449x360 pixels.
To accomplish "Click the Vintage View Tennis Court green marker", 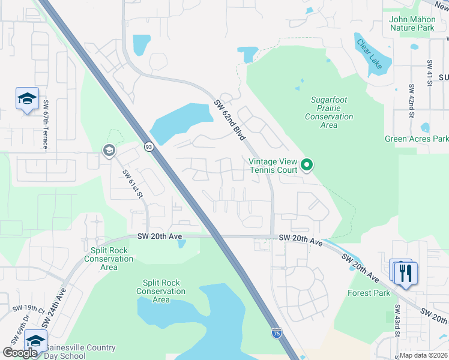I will tap(307, 164).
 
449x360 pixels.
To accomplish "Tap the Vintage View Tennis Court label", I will tap(274, 166).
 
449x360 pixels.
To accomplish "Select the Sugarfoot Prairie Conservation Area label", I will tap(329, 109).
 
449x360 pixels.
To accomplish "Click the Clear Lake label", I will tap(369, 54).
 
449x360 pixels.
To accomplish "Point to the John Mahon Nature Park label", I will tap(412, 23).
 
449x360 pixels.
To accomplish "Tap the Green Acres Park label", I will tap(417, 139).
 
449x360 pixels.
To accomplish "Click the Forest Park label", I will tap(369, 293).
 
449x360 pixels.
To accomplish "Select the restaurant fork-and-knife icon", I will tap(406, 273).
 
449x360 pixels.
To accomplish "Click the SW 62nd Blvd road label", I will tap(230, 121).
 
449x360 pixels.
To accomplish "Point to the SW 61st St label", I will tap(133, 184).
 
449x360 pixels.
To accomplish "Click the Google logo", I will tap(20, 353).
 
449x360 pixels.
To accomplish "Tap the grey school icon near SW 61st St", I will tap(109, 150).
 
